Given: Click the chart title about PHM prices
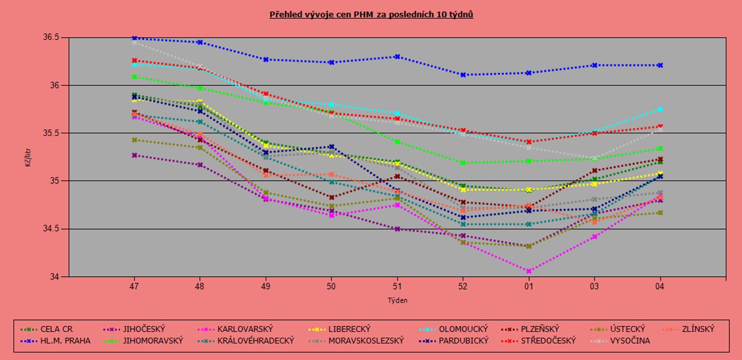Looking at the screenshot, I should pyautogui.click(x=371, y=14).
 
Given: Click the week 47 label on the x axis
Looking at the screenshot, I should pyautogui.click(x=134, y=286).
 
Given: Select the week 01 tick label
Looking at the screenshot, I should pyautogui.click(x=528, y=286).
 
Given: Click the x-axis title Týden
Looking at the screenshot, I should pyautogui.click(x=397, y=300).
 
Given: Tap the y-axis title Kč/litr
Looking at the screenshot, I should pyautogui.click(x=28, y=157).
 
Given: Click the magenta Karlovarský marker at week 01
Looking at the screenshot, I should pyautogui.click(x=528, y=271).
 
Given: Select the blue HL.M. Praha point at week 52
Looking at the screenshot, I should pyautogui.click(x=463, y=75).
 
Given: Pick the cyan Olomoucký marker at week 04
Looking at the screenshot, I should pyautogui.click(x=660, y=109).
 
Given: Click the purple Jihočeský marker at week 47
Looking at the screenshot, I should pyautogui.click(x=134, y=155).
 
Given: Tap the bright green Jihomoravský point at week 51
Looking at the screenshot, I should pyautogui.click(x=397, y=142).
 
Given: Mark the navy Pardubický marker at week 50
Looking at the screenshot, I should pyautogui.click(x=331, y=147).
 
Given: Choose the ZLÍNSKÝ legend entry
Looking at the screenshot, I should pyautogui.click(x=698, y=329).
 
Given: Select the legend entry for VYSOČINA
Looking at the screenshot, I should pyautogui.click(x=629, y=341).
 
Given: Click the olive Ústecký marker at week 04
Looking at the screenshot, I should pyautogui.click(x=660, y=213).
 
